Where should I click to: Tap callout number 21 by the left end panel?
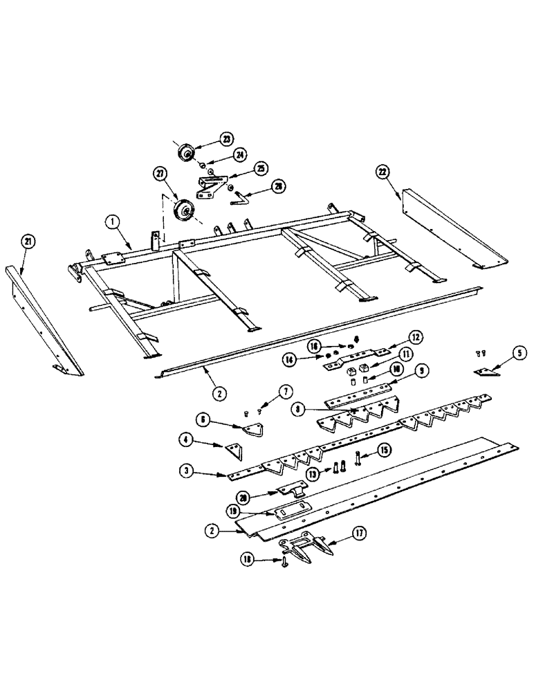click(x=28, y=242)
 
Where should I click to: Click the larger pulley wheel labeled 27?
click(x=183, y=210)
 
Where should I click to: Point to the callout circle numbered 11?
click(x=386, y=354)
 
